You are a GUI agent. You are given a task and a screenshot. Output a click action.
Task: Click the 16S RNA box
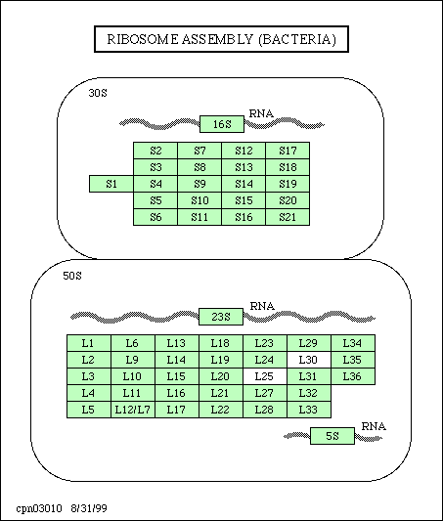coord(222,124)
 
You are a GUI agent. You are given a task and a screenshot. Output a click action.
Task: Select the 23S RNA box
coord(221,317)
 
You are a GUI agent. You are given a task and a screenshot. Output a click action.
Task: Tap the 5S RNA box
coord(332,436)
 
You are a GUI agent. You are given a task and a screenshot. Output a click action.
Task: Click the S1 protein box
coord(111,184)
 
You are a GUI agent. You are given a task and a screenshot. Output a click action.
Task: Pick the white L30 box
coord(309,360)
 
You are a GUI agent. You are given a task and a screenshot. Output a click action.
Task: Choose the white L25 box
coord(265,376)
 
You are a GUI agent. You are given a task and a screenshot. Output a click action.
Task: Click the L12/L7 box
coord(133,410)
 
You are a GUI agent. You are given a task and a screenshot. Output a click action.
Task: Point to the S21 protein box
coord(288,217)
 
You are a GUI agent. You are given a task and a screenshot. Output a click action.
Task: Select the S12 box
coord(244,151)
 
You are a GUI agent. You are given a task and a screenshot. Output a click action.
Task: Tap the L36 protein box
coord(353,376)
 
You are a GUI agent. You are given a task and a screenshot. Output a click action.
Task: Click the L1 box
coord(89,343)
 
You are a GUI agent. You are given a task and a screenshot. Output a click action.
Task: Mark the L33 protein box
coord(309,410)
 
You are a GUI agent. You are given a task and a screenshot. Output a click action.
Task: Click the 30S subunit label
coord(98,93)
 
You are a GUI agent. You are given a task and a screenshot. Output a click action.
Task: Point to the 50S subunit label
coord(72,276)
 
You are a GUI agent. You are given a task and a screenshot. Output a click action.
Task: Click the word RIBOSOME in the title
coord(143,39)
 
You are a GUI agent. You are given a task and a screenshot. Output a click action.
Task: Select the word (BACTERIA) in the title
coord(297,39)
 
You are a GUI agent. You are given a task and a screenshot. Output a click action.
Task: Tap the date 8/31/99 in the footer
coord(89,508)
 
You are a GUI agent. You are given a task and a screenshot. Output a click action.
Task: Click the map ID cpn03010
coord(39,508)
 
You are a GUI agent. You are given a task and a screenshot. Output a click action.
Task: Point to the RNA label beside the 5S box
coord(374,426)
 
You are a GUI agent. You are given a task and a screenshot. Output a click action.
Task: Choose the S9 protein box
coord(199,184)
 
